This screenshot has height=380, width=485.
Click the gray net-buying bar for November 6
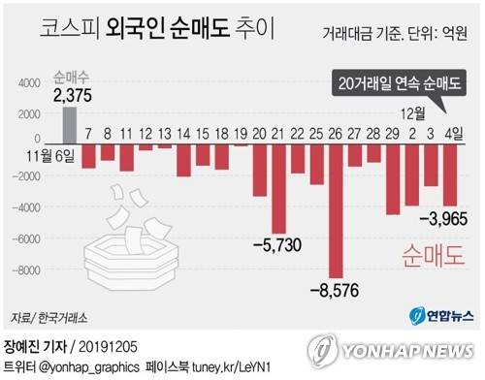[68, 125]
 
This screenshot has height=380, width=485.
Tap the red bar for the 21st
[278, 187]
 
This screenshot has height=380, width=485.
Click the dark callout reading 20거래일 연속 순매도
[400, 84]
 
